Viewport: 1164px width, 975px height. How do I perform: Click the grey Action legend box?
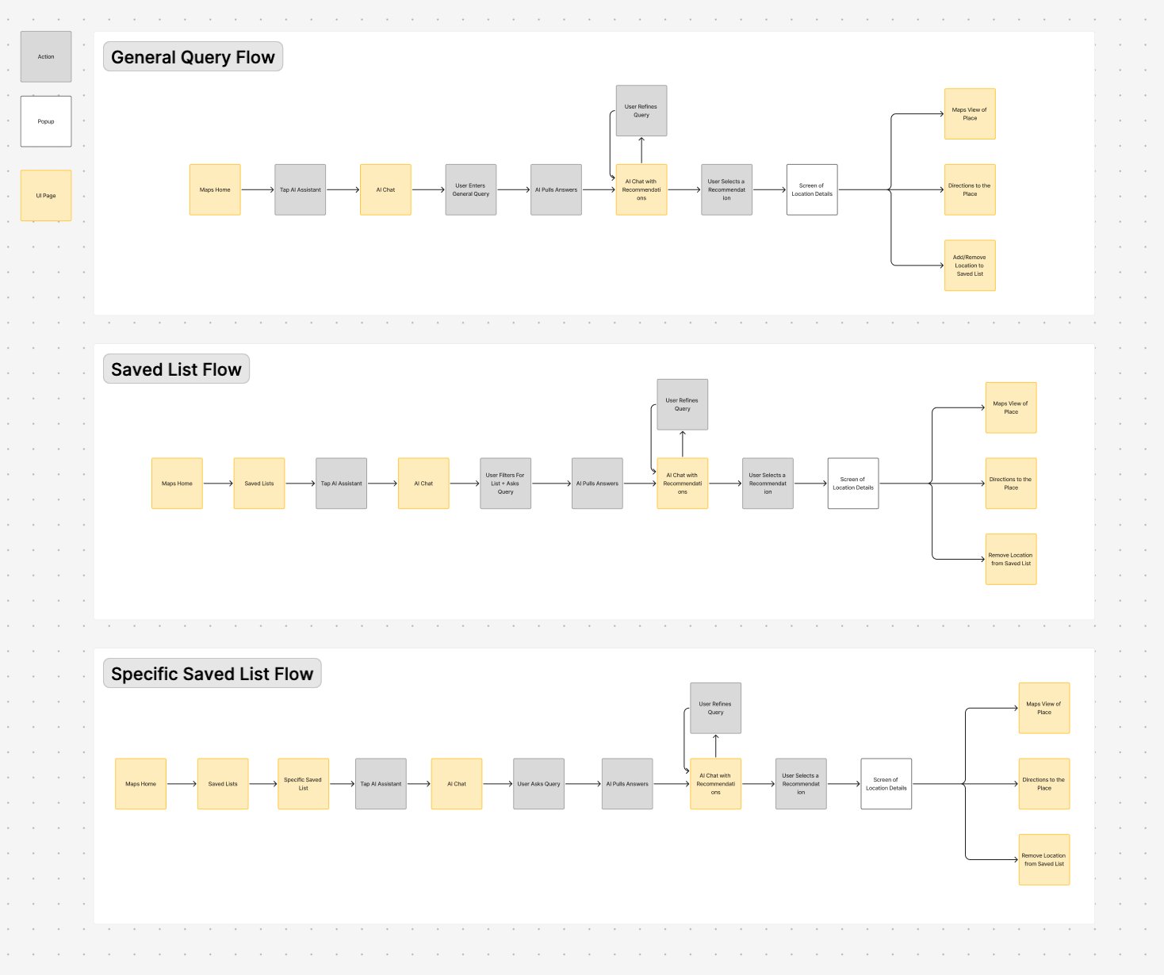[46, 57]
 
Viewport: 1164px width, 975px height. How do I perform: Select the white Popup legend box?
[46, 121]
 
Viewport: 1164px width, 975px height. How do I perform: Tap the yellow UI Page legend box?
[46, 195]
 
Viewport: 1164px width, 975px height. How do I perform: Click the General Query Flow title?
[193, 57]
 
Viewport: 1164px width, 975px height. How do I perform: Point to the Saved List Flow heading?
[176, 369]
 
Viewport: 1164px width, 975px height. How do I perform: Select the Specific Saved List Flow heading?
[212, 674]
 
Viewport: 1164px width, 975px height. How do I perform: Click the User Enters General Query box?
[471, 190]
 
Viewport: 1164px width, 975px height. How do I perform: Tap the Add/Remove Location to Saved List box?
[970, 266]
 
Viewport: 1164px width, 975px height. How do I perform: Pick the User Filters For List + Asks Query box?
[505, 484]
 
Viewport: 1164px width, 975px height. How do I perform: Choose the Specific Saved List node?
[303, 784]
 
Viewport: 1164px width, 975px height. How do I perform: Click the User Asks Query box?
[538, 784]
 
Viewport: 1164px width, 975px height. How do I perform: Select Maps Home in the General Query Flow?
[215, 190]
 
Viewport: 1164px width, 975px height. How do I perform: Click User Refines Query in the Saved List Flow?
[682, 404]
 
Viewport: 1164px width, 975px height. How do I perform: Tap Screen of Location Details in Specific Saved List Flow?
[886, 784]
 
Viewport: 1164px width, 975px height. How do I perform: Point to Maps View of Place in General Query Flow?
[970, 114]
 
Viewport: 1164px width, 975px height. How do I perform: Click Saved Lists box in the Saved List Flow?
[259, 484]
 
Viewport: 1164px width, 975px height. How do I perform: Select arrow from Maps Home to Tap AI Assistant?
[257, 190]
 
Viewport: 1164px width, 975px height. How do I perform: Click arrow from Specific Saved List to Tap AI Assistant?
[342, 784]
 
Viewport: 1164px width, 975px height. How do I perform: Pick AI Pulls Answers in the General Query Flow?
[556, 190]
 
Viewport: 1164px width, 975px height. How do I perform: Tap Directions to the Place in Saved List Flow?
[1010, 484]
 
